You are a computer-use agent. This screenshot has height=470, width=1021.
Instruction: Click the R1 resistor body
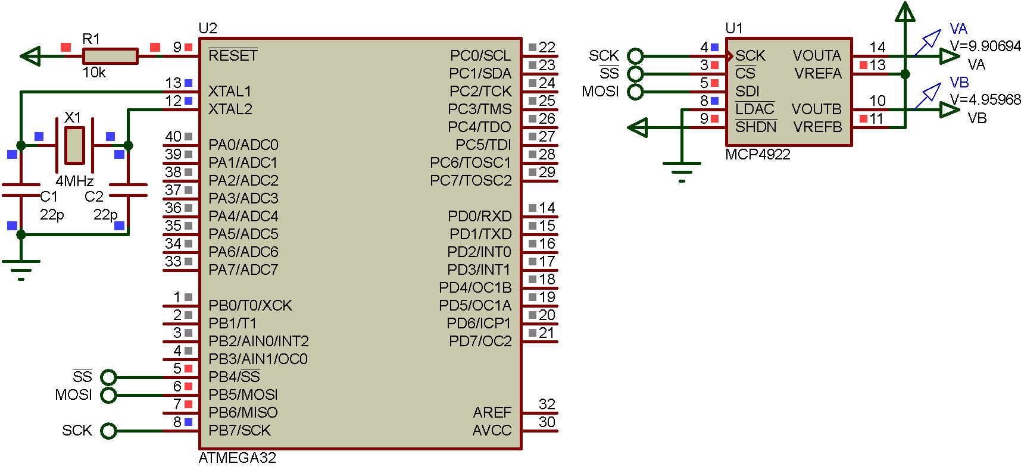(110, 57)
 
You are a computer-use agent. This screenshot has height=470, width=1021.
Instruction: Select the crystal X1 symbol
(74, 145)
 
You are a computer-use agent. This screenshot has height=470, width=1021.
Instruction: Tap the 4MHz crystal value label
(74, 181)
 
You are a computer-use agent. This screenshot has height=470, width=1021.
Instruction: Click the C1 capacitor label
(49, 197)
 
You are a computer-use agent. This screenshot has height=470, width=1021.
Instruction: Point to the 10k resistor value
(94, 73)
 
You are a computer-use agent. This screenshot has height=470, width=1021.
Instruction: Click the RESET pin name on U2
(233, 56)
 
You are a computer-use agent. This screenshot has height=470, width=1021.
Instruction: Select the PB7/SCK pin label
(239, 430)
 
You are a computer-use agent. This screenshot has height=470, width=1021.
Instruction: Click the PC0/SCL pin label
(480, 56)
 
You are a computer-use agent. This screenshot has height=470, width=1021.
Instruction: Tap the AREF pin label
(492, 412)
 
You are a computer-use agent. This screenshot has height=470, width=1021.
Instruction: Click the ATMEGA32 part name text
(237, 458)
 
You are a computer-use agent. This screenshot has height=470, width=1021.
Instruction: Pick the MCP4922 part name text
(757, 155)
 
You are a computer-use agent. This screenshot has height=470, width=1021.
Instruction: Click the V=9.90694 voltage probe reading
(985, 46)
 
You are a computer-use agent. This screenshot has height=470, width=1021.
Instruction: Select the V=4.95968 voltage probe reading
(985, 99)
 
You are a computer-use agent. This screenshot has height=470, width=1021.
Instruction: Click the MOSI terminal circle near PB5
(108, 395)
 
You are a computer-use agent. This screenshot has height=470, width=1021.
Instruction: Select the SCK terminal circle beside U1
(636, 56)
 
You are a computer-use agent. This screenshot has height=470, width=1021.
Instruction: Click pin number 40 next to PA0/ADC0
(173, 137)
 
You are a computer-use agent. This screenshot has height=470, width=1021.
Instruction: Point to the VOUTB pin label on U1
(816, 109)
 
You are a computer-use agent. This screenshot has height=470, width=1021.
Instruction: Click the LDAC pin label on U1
(754, 109)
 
